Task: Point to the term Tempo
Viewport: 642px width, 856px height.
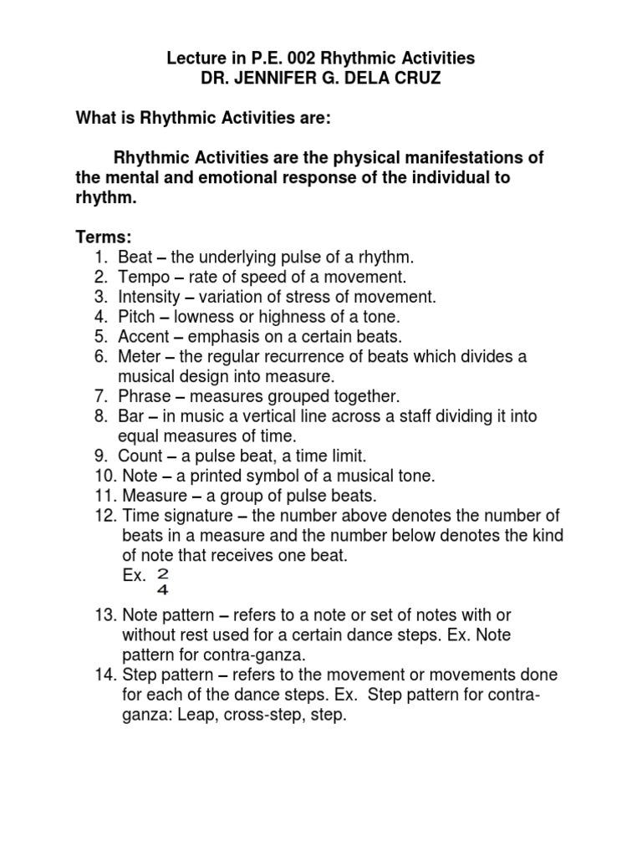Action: pos(140,277)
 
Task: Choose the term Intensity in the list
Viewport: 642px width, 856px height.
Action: pos(148,297)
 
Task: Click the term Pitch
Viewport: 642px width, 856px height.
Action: pos(135,317)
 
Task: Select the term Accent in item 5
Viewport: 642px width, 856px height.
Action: pos(142,337)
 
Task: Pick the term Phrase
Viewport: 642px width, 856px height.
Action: pos(145,396)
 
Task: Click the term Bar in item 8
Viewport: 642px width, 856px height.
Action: pos(130,416)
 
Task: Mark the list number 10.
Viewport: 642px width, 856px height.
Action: pos(106,476)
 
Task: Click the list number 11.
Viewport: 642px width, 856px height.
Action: pos(106,497)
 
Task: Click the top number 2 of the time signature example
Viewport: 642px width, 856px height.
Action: pos(162,574)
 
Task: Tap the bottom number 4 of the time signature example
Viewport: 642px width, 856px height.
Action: pos(162,591)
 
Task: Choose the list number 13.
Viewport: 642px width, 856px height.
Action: pos(106,616)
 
